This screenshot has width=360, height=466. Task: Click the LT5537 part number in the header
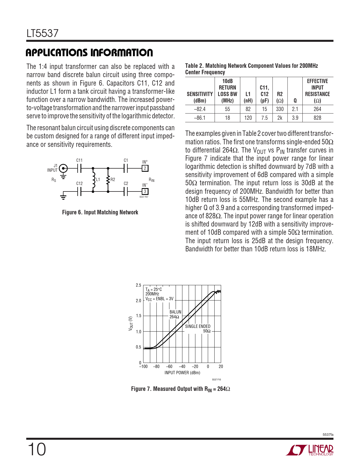tap(42, 33)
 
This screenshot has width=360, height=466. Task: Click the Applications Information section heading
tap(89, 53)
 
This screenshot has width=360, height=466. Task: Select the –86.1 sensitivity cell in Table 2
tap(200, 118)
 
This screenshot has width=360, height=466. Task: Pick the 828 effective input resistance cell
tap(317, 118)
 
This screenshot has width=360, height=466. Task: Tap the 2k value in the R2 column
tap(280, 118)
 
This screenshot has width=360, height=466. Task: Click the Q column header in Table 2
tap(295, 101)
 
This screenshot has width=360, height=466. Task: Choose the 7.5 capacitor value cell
tap(264, 118)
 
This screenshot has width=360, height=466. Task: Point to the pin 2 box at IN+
tap(145, 168)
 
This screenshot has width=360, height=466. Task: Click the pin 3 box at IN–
tap(145, 191)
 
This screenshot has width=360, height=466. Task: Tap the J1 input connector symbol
tap(64, 169)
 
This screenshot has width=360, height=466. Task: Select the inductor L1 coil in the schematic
tap(93, 180)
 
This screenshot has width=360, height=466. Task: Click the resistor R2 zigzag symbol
tap(108, 180)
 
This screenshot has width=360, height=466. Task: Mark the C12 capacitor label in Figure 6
tap(79, 184)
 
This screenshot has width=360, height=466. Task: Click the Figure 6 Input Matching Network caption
tap(100, 212)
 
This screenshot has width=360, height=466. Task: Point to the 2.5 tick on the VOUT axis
tap(138, 285)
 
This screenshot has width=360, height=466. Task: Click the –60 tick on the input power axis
tap(169, 367)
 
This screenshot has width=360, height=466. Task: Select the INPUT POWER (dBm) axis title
tap(182, 373)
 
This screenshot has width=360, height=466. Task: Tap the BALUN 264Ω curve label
tap(175, 314)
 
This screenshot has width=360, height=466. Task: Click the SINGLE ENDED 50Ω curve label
tap(198, 328)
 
